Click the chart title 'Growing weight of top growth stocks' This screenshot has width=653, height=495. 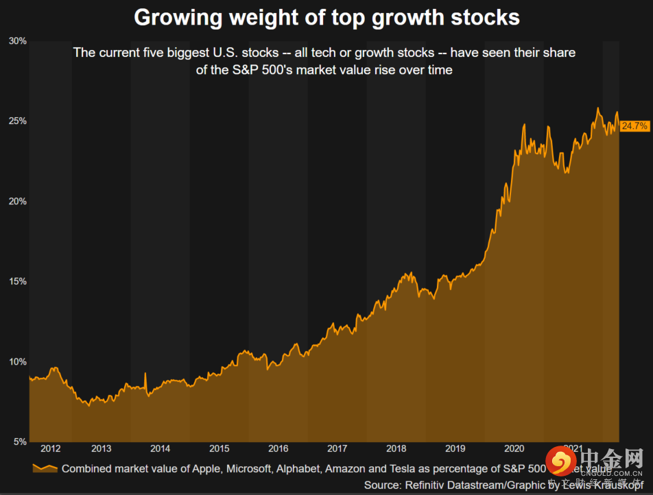(x=326, y=17)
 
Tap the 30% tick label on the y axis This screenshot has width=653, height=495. (x=18, y=41)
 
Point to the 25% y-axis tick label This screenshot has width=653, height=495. (x=18, y=121)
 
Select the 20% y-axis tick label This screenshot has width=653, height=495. (x=18, y=202)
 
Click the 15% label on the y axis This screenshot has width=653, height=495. (x=18, y=282)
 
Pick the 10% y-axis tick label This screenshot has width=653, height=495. (x=18, y=362)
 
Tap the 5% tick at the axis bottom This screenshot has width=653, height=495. (x=20, y=442)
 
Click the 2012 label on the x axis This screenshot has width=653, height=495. (x=51, y=449)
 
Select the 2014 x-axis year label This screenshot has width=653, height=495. (x=160, y=449)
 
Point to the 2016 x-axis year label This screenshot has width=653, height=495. (x=278, y=449)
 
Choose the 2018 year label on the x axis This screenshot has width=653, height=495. (x=396, y=449)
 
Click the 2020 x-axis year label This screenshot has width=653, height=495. (x=514, y=449)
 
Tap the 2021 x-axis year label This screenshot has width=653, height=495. (x=573, y=449)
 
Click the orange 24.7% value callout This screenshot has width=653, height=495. (x=634, y=126)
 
